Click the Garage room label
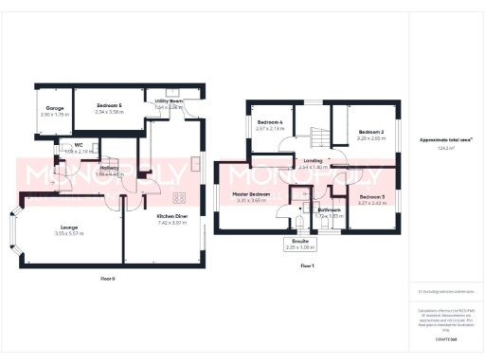tap(54, 108)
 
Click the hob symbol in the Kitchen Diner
tap(179, 198)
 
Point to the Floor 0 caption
tap(107, 279)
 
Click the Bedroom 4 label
tap(271, 122)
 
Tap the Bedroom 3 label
tap(371, 196)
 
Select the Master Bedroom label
tap(251, 194)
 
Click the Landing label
tap(312, 161)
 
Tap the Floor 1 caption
tap(306, 266)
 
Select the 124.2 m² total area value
tap(447, 148)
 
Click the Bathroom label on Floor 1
tap(329, 209)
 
